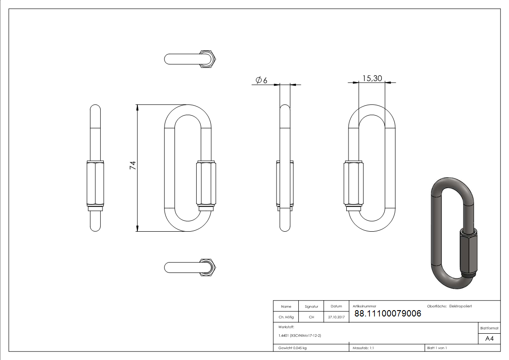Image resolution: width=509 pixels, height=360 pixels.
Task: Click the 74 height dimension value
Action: tap(133, 165)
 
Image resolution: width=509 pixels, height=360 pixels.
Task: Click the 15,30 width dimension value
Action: tap(372, 78)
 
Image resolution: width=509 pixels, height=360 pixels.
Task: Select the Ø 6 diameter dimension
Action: tap(262, 80)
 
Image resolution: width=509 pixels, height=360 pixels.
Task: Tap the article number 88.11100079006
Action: tap(388, 313)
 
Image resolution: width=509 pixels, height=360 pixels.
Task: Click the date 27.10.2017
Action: tap(336, 317)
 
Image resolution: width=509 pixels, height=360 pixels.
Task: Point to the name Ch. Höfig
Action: tap(286, 317)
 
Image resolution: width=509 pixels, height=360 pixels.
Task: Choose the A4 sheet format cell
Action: tap(489, 339)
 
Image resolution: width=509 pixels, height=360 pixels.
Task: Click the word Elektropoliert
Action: tap(461, 306)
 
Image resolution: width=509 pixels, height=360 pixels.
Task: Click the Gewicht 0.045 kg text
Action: tap(292, 348)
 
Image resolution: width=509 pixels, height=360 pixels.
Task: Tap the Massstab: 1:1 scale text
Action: tap(363, 348)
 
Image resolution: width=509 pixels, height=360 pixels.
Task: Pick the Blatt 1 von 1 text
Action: tap(437, 348)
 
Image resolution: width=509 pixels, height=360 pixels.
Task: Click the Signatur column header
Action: tap(311, 306)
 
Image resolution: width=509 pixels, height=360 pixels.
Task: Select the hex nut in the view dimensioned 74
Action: tap(205, 184)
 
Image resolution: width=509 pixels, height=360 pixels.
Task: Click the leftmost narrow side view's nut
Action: tap(96, 184)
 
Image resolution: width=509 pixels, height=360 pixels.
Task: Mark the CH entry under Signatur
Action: tap(311, 317)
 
